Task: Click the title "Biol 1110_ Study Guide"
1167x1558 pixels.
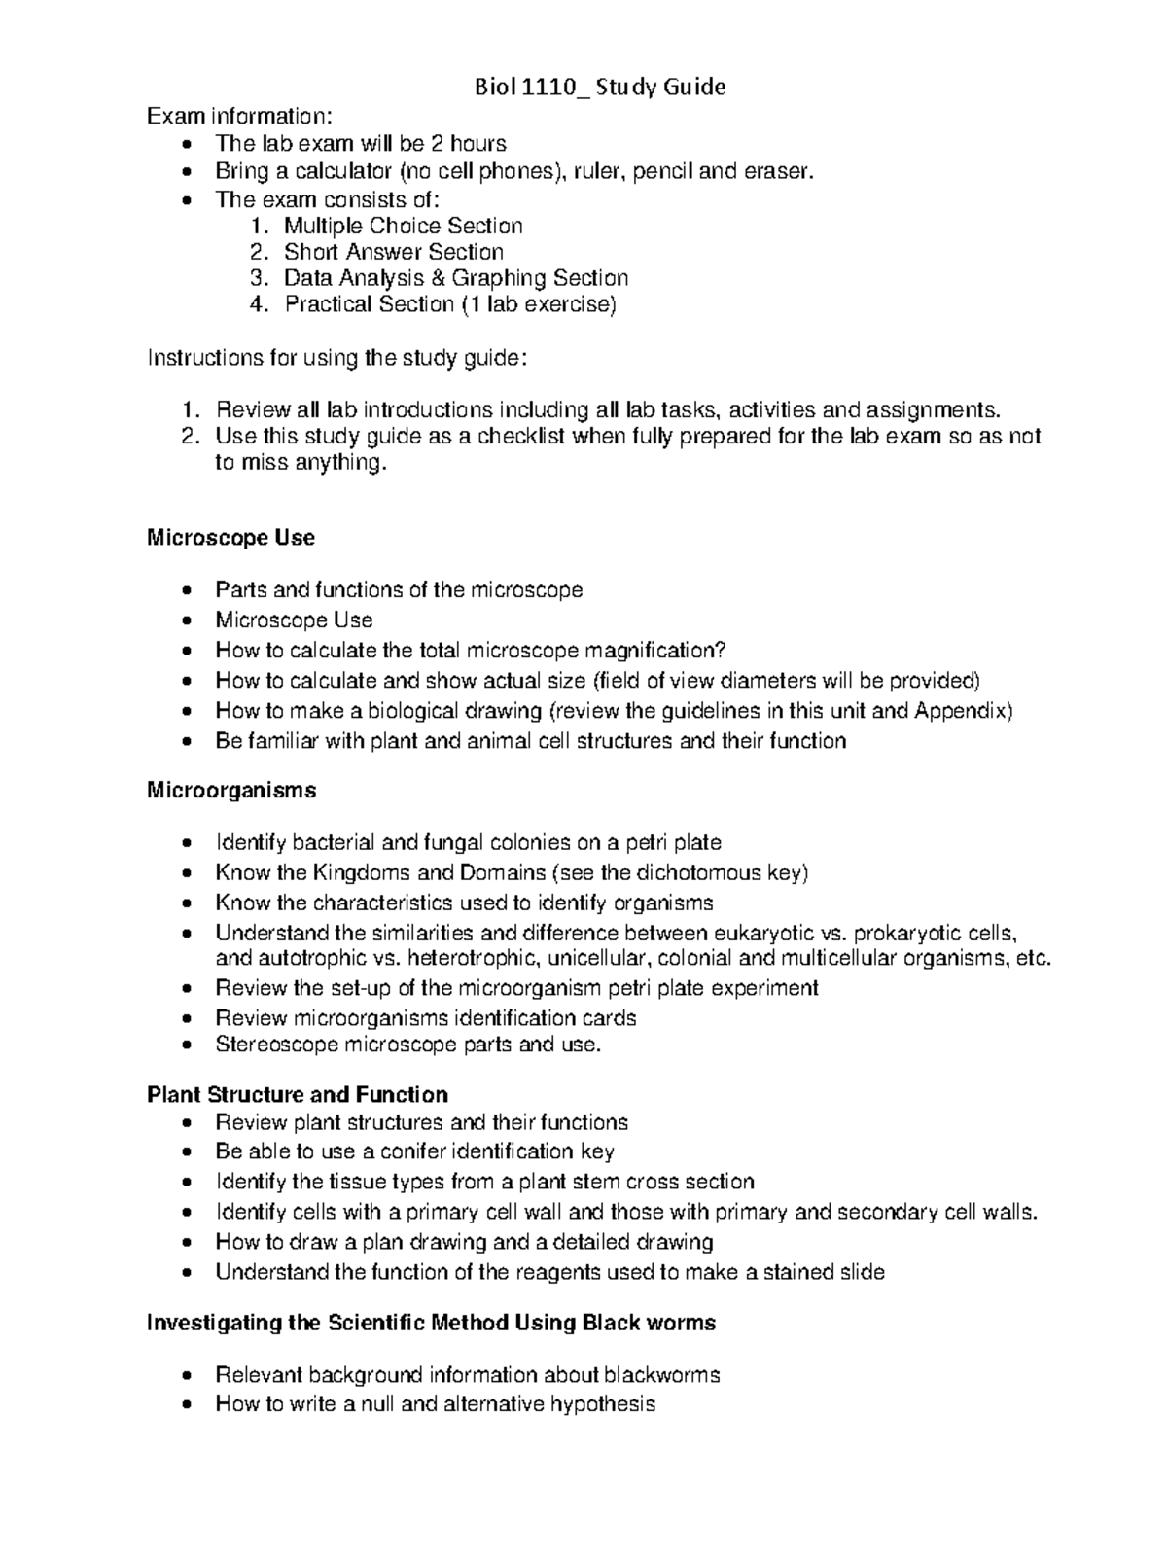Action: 599,88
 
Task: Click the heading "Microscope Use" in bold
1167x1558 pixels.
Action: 230,538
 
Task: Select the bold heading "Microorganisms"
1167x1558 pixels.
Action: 231,791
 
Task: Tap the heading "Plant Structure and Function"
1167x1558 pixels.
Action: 297,1095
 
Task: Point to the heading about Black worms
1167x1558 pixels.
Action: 431,1323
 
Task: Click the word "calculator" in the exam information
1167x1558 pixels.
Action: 336,172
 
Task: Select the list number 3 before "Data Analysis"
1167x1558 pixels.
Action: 257,278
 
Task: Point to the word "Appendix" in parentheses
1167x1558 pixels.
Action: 961,711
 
